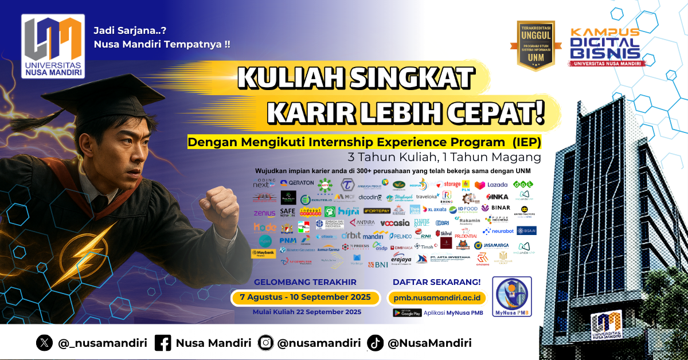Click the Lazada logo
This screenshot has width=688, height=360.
pos(490,185)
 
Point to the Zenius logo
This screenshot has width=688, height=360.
pos(264,213)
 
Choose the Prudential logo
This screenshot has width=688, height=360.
pos(466,235)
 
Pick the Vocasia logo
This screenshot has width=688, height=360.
pos(395,222)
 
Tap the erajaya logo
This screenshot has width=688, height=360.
pos(402,259)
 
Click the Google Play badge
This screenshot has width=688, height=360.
pos(407,313)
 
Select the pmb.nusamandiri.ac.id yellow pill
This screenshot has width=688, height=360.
pos(436,298)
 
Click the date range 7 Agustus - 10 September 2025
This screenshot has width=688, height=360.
pos(305,298)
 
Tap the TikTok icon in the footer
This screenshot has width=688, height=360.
pos(376,343)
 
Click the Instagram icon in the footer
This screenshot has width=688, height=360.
pos(266,343)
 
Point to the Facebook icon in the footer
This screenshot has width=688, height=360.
pos(163,343)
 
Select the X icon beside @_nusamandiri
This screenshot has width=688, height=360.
pos(44,343)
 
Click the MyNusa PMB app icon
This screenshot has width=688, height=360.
pos(512,296)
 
